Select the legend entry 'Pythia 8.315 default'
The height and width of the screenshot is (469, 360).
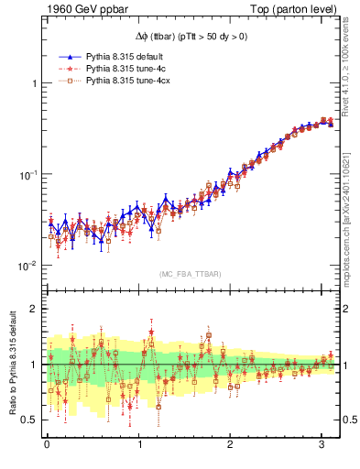point(122,57)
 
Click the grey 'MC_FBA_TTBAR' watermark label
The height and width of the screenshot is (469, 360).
point(191,275)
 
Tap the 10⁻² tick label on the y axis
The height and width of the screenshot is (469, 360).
point(27,266)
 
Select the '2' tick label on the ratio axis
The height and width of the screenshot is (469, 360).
point(33,309)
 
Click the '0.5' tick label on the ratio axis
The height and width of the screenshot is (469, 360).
point(29,420)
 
